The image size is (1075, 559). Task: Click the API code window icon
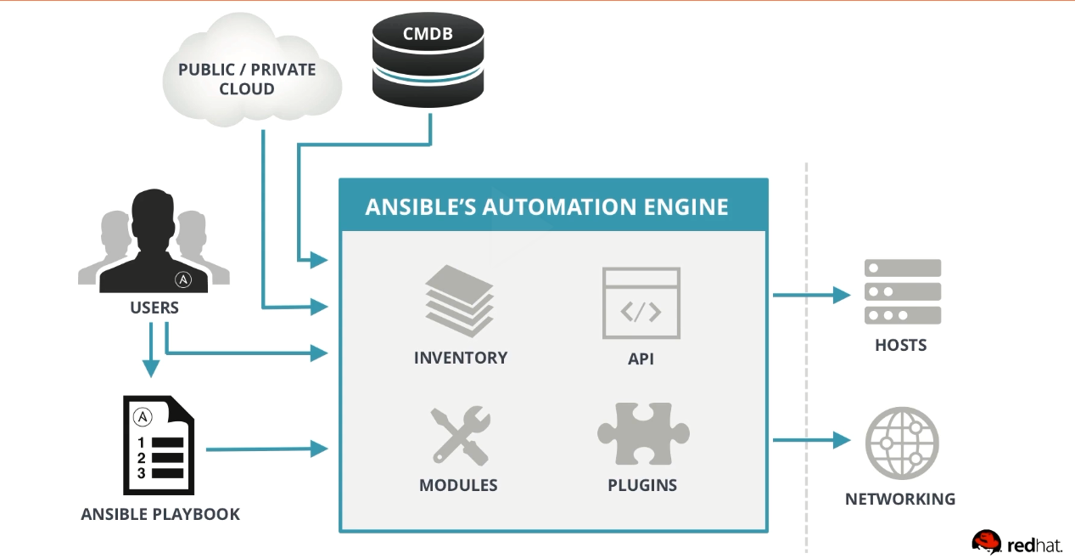click(641, 302)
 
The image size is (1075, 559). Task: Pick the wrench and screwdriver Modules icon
click(459, 436)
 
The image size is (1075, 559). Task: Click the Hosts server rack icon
click(902, 292)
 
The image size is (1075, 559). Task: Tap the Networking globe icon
click(901, 443)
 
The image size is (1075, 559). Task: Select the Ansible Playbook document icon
click(159, 444)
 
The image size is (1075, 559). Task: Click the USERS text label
click(154, 308)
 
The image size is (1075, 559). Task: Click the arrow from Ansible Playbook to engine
click(266, 449)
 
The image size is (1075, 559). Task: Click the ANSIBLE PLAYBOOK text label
click(160, 514)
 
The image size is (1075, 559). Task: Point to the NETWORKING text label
click(900, 499)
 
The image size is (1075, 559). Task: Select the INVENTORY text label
click(460, 358)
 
